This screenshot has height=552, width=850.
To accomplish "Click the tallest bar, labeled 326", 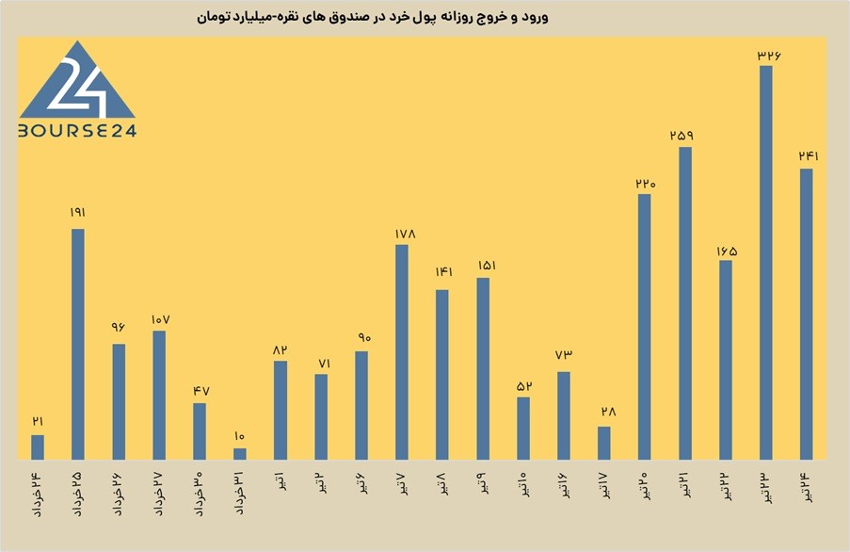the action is tap(765, 263).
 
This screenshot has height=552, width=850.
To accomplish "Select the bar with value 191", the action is tap(78, 345).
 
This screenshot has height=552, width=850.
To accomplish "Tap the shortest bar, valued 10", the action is tap(240, 454).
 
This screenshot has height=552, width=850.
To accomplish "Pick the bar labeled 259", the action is tap(685, 303).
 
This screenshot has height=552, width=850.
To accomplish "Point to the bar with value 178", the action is tap(402, 352).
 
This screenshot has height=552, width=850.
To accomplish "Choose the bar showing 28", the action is tap(604, 444).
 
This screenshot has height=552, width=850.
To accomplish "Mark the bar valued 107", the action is tap(159, 396).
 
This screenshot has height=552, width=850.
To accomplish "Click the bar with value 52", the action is tap(523, 429).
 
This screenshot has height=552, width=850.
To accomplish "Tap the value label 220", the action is tap(646, 184).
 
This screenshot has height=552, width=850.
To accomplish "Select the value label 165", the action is tap(727, 252).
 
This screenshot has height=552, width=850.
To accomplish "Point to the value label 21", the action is tap(38, 421).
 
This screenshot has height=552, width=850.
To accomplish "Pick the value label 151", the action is tap(487, 266).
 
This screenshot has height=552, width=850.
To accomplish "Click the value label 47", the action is tap(201, 391).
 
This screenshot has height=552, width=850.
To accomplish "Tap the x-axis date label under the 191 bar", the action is tap(78, 495).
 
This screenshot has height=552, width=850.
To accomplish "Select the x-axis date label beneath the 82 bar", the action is tap(281, 482).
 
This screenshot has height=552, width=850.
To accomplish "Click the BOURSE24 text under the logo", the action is tap(77, 131).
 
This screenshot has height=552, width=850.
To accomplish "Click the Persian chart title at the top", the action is tap(373, 17).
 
